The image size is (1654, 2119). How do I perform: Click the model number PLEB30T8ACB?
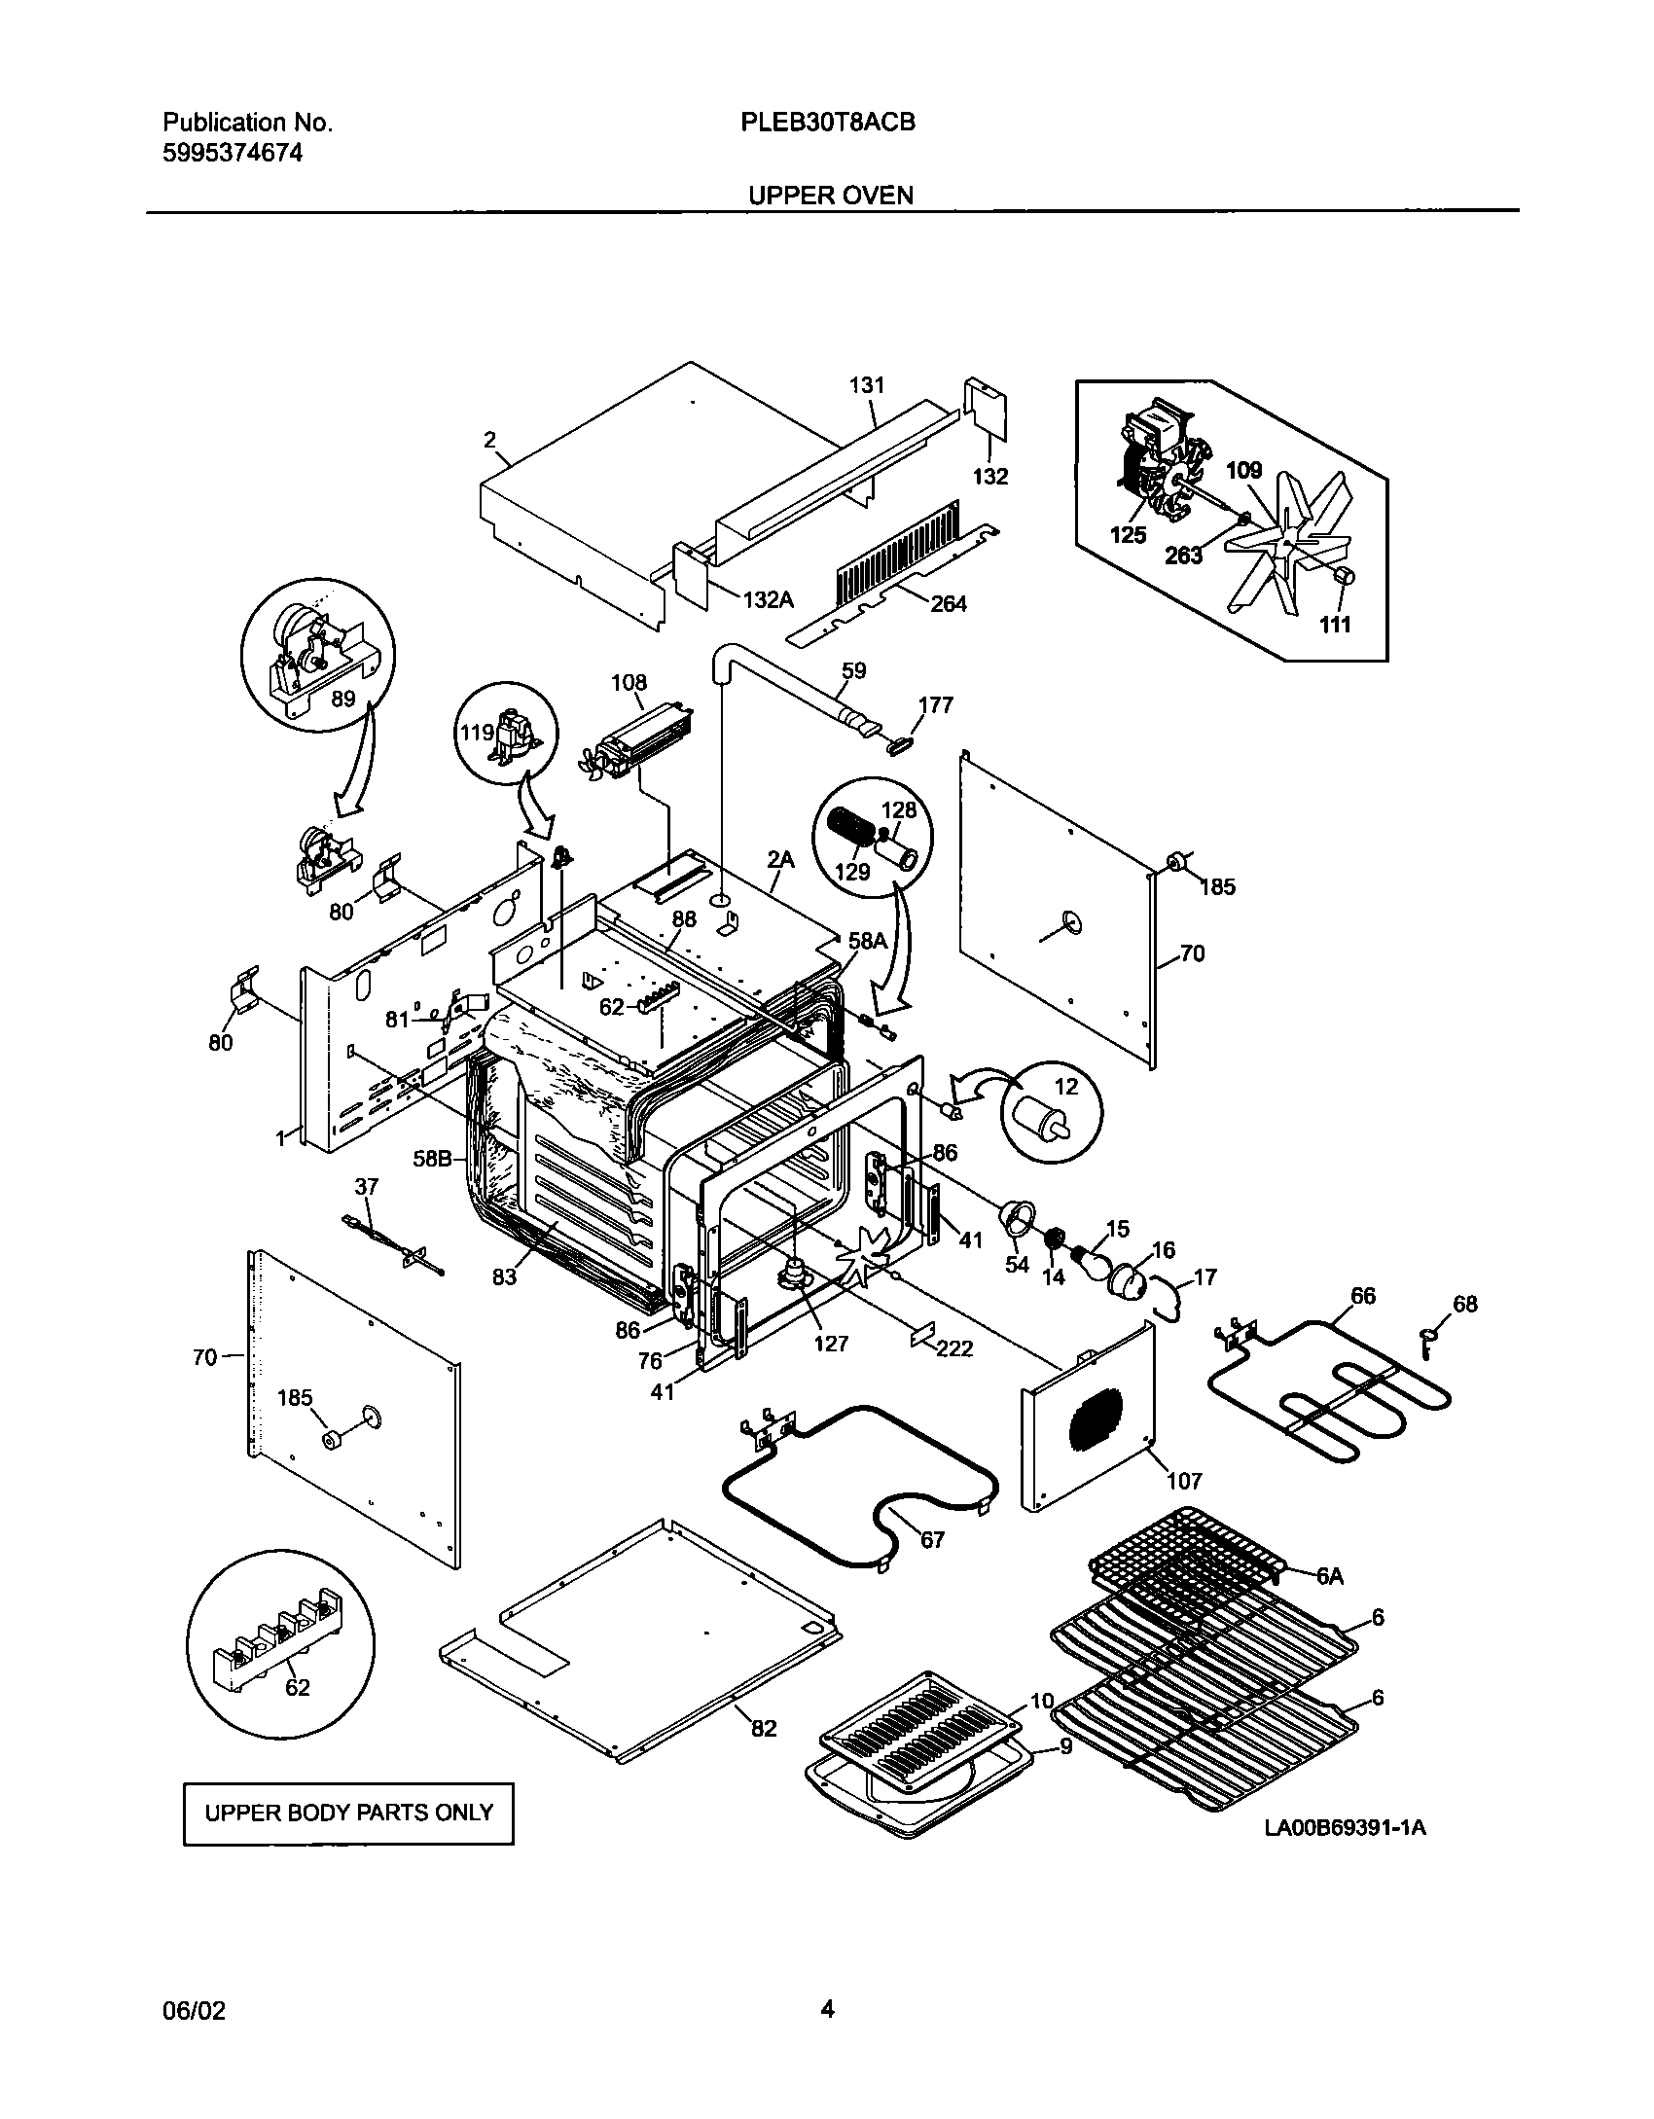[x=830, y=123]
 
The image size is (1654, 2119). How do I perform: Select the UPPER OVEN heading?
[x=830, y=196]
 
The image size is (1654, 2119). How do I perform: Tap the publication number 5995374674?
[x=233, y=153]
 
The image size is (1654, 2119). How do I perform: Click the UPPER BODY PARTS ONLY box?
[x=348, y=1813]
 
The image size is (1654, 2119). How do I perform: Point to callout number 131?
[x=866, y=385]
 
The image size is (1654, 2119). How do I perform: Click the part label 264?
[x=949, y=604]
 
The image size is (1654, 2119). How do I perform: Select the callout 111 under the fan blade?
[x=1335, y=624]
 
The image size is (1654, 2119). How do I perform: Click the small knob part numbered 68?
[x=1464, y=1304]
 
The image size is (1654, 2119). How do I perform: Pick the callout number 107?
[x=1185, y=1481]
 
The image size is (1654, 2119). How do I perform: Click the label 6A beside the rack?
[x=1330, y=1576]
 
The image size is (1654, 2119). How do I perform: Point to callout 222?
[x=954, y=1348]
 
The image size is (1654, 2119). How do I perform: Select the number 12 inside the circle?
[x=1067, y=1087]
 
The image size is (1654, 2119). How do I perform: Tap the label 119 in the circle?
[x=478, y=732]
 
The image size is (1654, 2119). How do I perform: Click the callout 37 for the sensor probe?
[x=366, y=1186]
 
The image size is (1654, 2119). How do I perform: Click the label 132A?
[x=769, y=600]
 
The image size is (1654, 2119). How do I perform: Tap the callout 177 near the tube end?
[x=936, y=704]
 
